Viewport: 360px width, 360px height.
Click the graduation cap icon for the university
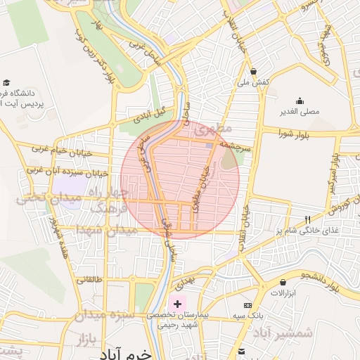pos(6,82)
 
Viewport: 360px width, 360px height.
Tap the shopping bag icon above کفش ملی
pos(253,71)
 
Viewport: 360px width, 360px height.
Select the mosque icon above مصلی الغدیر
pos(300,101)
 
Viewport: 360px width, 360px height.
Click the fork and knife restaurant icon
pos(307,219)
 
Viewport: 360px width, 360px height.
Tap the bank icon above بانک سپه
pos(247,305)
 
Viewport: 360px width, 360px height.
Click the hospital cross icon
pos(177,303)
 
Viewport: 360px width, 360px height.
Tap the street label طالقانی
pos(93,279)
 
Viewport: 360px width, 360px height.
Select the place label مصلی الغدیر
pos(300,111)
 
